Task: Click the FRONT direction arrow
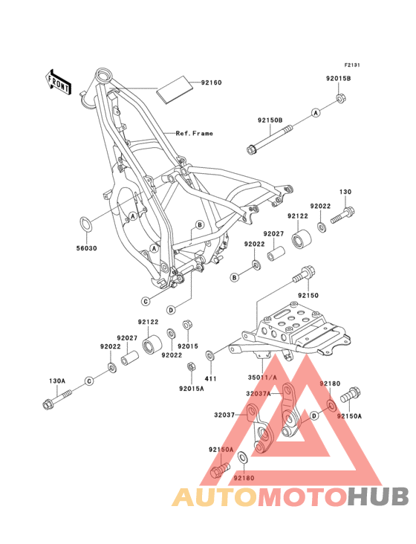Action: click(x=59, y=81)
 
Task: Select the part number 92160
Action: click(x=211, y=82)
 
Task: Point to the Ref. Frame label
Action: click(x=195, y=134)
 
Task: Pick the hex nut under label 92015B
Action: click(x=339, y=97)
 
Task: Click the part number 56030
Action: click(x=85, y=247)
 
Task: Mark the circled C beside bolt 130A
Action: click(x=88, y=381)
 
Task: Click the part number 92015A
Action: click(x=191, y=387)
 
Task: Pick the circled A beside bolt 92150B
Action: click(x=314, y=113)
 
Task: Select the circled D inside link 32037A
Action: click(x=314, y=416)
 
